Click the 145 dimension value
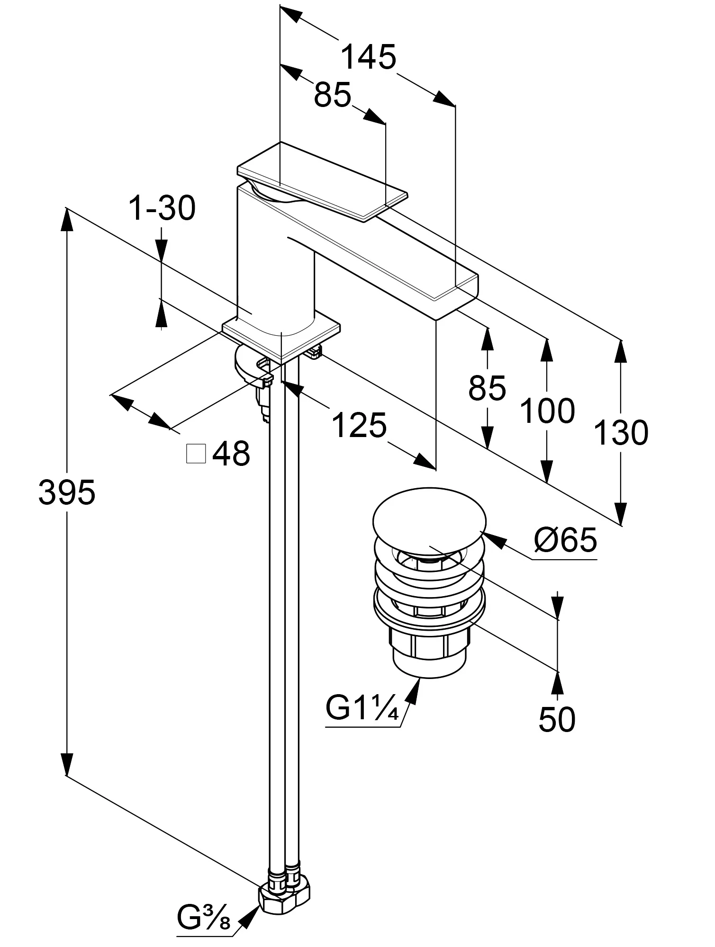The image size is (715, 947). (x=369, y=57)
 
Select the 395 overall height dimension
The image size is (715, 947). (x=67, y=492)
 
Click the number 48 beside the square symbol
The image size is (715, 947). (x=231, y=453)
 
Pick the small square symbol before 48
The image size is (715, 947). (x=197, y=454)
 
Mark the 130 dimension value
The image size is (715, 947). (x=621, y=432)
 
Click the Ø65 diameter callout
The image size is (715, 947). (x=565, y=539)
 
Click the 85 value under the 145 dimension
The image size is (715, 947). (x=333, y=95)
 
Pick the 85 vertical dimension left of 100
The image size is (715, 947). (x=487, y=388)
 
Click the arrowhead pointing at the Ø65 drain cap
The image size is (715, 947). (x=493, y=540)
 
